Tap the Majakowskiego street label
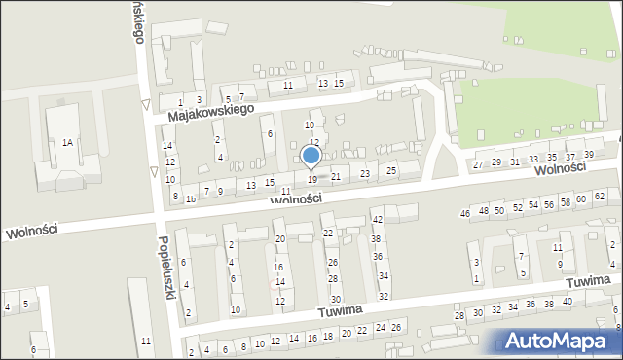pos(210,113)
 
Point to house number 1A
pos(67,143)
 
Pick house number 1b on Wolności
pos(191,198)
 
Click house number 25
pos(391,171)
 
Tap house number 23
pos(365,173)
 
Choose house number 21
pos(336,176)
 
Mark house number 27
pos(477,164)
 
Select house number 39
pos(589,154)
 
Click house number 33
pos(532,160)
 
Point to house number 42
pos(377,220)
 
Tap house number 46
pos(465,213)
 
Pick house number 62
pos(599,198)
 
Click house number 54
pos(532,205)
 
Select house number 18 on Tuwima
pos(329,335)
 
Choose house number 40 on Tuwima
pos(568,302)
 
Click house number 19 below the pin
pos(311,180)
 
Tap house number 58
pos(566,201)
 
